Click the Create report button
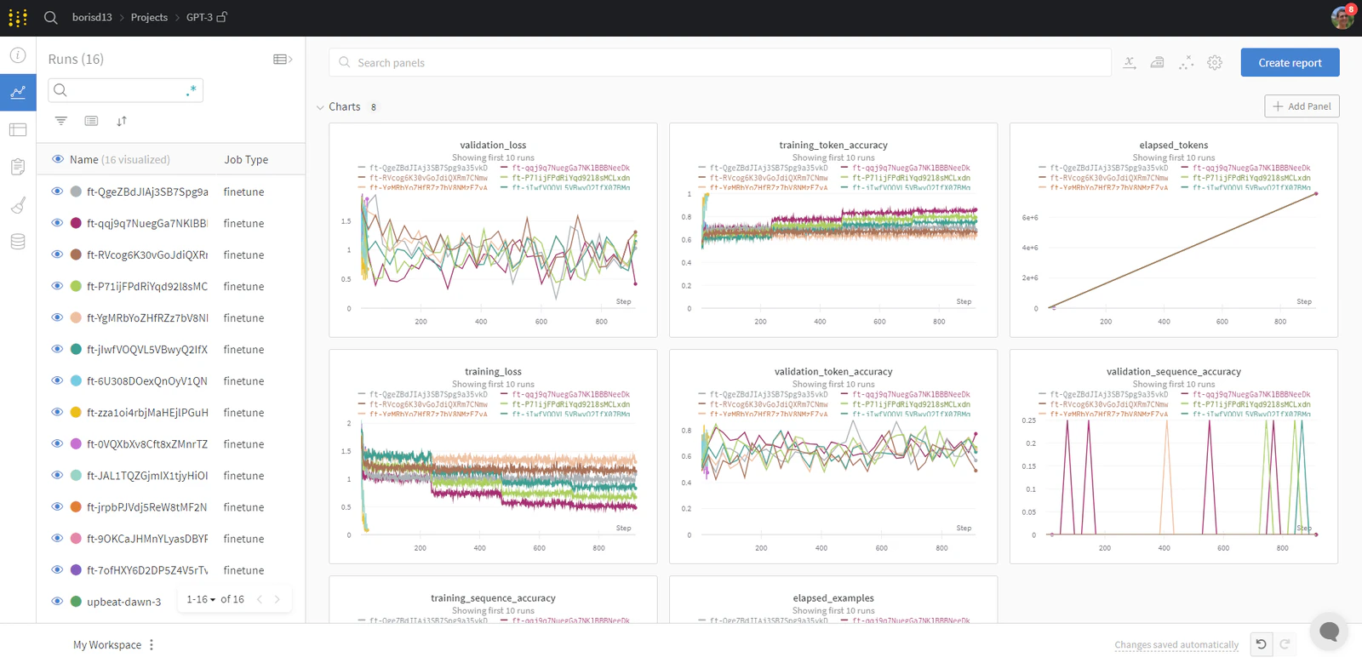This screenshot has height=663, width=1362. pyautogui.click(x=1290, y=63)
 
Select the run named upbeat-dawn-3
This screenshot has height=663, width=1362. pyautogui.click(x=123, y=602)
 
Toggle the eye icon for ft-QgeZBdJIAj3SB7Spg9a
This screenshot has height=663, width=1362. pyautogui.click(x=57, y=191)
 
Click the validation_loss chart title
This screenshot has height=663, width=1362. pyautogui.click(x=493, y=146)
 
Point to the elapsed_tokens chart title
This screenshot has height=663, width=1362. pyautogui.click(x=1173, y=146)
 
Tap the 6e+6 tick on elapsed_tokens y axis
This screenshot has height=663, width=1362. pyautogui.click(x=1029, y=218)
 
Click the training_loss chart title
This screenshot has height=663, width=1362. pyautogui.click(x=493, y=372)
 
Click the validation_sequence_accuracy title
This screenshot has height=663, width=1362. pyautogui.click(x=1173, y=372)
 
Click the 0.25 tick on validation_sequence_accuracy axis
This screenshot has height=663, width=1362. pyautogui.click(x=1028, y=420)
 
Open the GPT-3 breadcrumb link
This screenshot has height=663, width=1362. pyautogui.click(x=199, y=17)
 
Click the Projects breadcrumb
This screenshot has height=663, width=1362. pyautogui.click(x=149, y=17)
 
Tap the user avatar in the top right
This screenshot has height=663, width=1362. pyautogui.click(x=1342, y=17)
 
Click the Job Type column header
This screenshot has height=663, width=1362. pyautogui.click(x=246, y=160)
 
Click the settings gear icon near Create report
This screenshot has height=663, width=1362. pyautogui.click(x=1215, y=63)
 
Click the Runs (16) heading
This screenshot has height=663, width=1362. pyautogui.click(x=76, y=59)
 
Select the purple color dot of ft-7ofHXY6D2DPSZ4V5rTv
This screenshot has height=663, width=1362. pyautogui.click(x=76, y=570)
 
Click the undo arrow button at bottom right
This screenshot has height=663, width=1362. pyautogui.click(x=1261, y=644)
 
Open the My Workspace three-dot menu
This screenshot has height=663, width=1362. pyautogui.click(x=152, y=645)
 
